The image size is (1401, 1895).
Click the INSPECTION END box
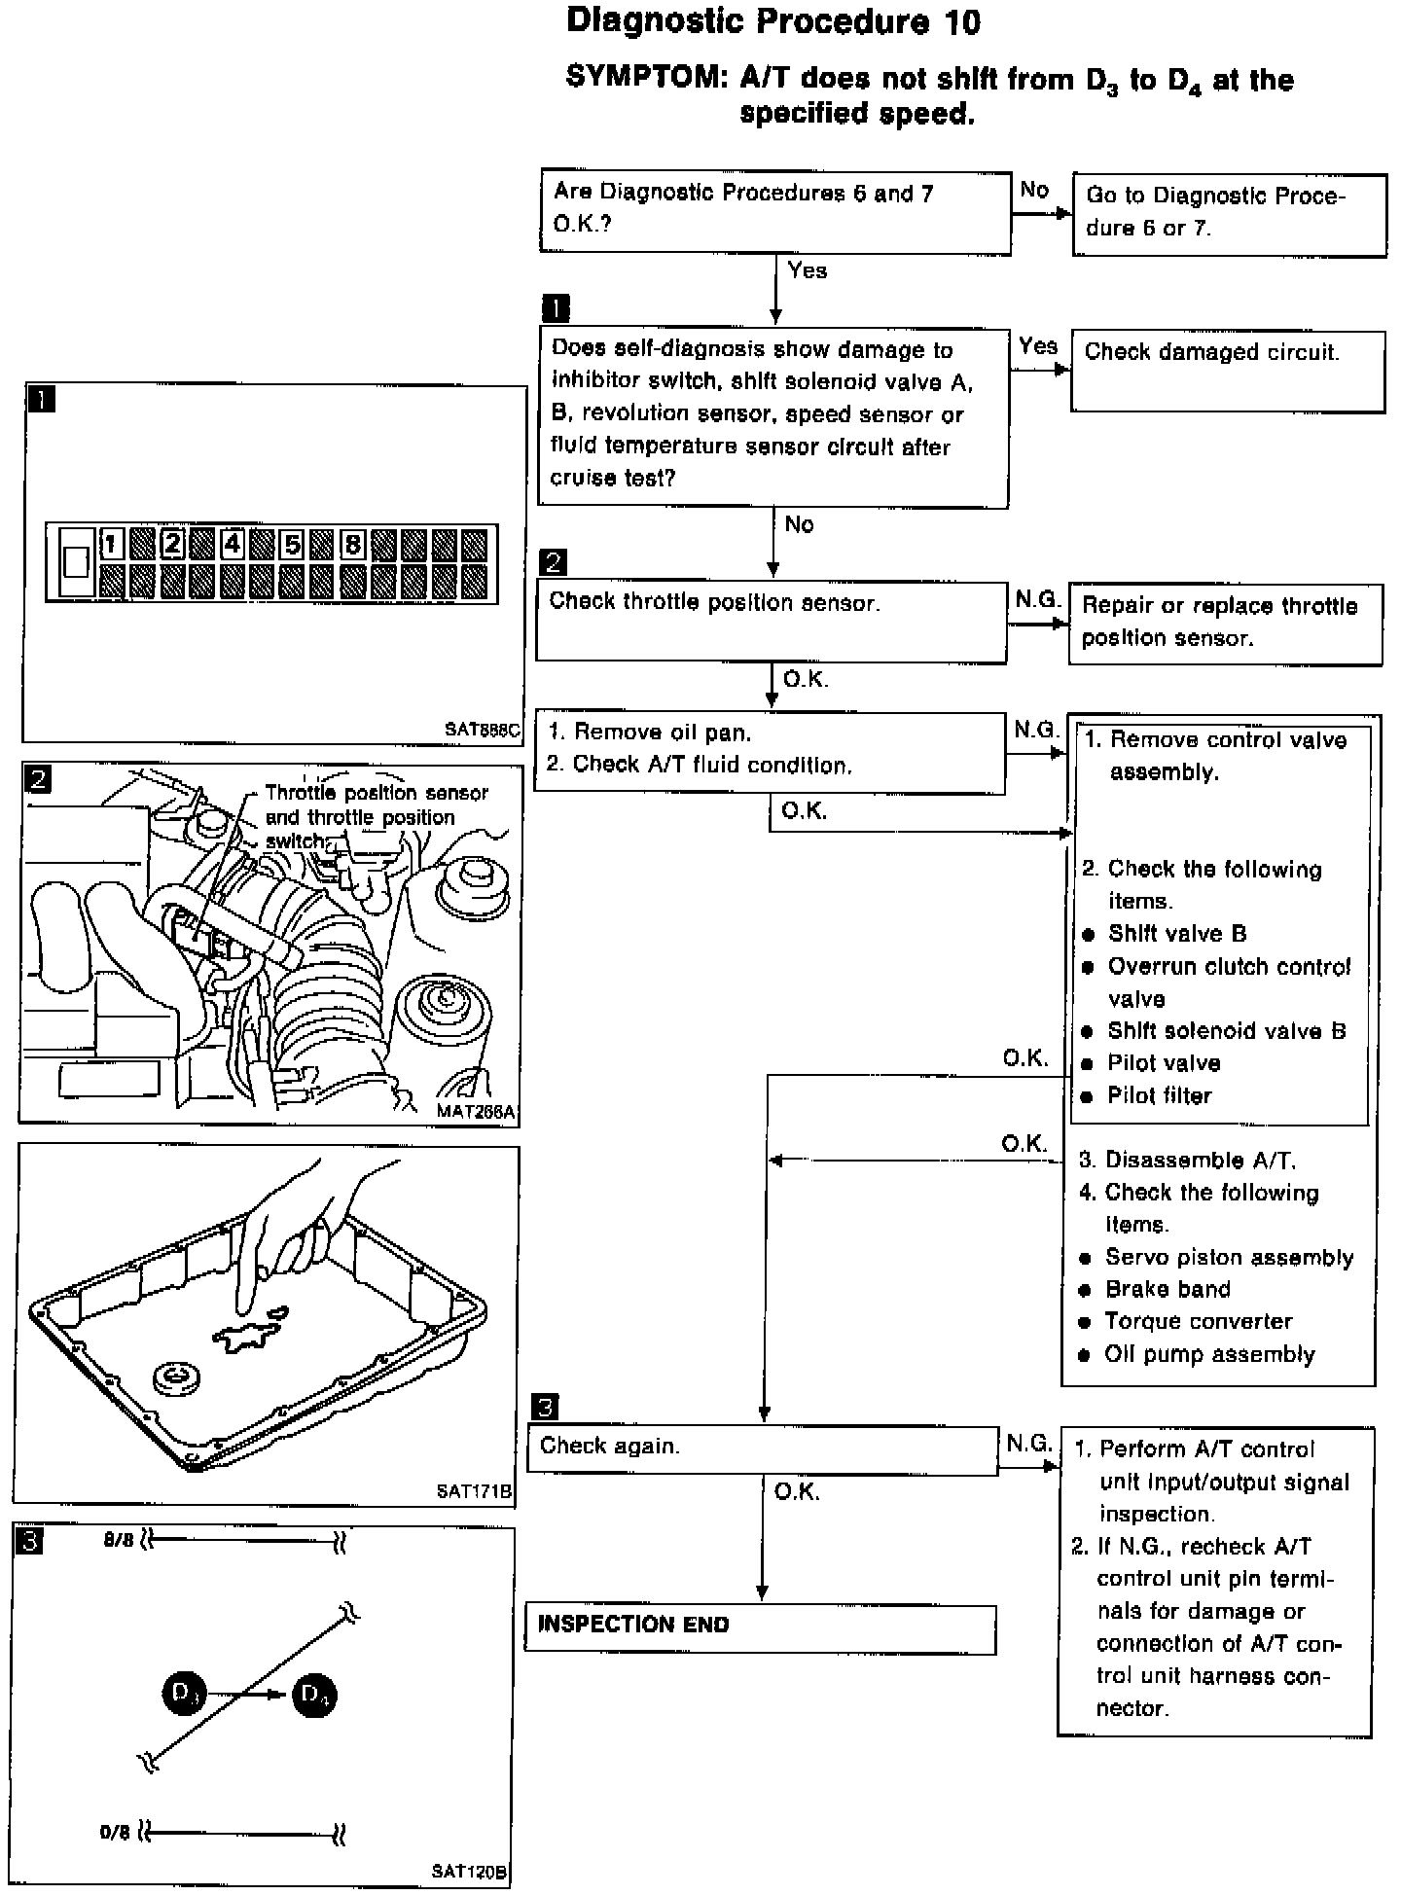click(x=760, y=1627)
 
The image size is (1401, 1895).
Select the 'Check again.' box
click(x=763, y=1450)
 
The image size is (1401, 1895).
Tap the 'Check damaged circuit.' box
click(x=1227, y=372)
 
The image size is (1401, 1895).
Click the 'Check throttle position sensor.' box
click(x=772, y=621)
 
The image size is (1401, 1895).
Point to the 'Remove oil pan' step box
click(x=770, y=752)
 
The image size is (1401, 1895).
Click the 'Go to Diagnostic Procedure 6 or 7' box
click(x=1229, y=214)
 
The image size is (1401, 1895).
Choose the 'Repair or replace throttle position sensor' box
click(x=1225, y=623)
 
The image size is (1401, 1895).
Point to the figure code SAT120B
click(x=470, y=1870)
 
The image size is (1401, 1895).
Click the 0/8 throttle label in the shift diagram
click(x=114, y=1833)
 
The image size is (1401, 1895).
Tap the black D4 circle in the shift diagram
click(x=315, y=1695)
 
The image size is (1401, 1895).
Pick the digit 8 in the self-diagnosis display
click(x=353, y=543)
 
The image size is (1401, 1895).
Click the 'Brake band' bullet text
click(x=1167, y=1289)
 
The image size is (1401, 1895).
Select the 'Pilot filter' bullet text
click(x=1159, y=1095)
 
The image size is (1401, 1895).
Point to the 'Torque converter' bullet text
click(x=1198, y=1321)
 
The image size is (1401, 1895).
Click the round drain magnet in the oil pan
click(x=178, y=1376)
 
